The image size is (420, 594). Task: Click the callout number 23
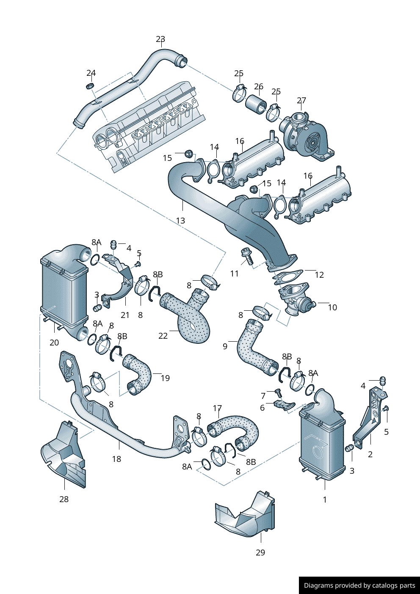(x=160, y=39)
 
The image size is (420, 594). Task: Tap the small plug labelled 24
(x=89, y=86)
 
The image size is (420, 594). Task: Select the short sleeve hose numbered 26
(x=256, y=104)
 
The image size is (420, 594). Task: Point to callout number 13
(x=180, y=221)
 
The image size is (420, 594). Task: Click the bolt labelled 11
(x=246, y=255)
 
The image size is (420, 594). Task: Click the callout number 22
(x=163, y=336)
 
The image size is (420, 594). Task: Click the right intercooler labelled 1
(x=322, y=440)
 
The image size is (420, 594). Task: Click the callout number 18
(x=116, y=459)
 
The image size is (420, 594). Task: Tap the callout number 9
(x=225, y=346)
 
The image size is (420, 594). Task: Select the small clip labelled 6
(x=282, y=404)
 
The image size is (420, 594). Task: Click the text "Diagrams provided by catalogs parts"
(x=359, y=586)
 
